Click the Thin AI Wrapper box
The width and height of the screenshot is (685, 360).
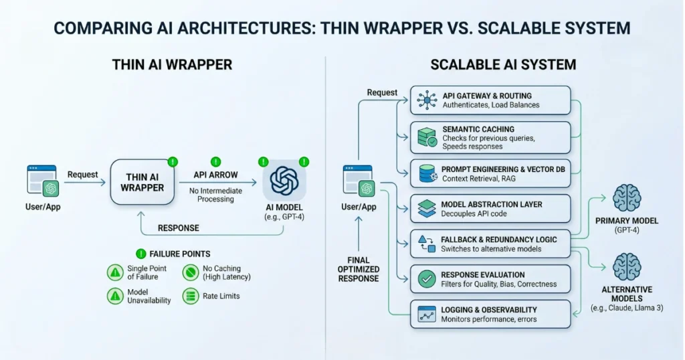142,182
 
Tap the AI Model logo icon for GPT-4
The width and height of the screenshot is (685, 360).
284,181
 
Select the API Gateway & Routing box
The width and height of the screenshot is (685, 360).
491,100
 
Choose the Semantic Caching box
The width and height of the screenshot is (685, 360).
491,137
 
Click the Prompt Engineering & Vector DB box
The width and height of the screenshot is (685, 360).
491,173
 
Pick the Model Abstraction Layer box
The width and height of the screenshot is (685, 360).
491,209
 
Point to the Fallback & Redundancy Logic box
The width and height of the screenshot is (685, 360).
491,244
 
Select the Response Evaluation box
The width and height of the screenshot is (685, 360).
491,280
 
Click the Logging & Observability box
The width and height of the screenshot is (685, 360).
491,314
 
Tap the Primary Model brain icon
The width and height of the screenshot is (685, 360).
626,198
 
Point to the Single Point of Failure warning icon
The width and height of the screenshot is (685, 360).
114,272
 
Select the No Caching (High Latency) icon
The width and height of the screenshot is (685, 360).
190,272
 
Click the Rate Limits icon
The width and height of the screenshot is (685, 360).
190,296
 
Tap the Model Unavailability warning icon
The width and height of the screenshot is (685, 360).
114,296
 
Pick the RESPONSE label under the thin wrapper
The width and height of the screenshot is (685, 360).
178,228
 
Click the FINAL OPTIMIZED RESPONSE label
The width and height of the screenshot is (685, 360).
359,269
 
